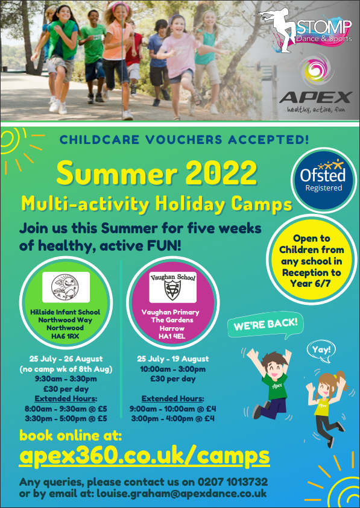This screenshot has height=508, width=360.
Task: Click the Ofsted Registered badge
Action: click(x=323, y=180)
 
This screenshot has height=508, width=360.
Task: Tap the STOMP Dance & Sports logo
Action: click(x=305, y=30)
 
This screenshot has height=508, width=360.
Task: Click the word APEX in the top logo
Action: click(x=315, y=97)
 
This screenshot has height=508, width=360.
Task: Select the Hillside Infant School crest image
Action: click(x=66, y=287)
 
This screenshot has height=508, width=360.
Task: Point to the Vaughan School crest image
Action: click(x=172, y=287)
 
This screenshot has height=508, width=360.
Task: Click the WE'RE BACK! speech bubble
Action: click(x=265, y=325)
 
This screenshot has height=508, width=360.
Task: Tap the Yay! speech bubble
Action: click(x=321, y=351)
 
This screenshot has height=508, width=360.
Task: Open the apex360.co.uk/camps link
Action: click(x=144, y=456)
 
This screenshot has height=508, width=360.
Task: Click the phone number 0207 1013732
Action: click(x=233, y=481)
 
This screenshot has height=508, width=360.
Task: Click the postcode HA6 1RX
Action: click(x=65, y=336)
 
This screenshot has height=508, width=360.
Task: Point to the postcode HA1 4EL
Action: click(x=172, y=336)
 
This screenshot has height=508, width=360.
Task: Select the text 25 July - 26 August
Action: click(x=66, y=359)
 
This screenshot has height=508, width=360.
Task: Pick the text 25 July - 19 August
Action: click(x=173, y=359)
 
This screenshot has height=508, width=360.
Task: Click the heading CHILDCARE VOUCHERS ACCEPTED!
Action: click(x=184, y=140)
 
